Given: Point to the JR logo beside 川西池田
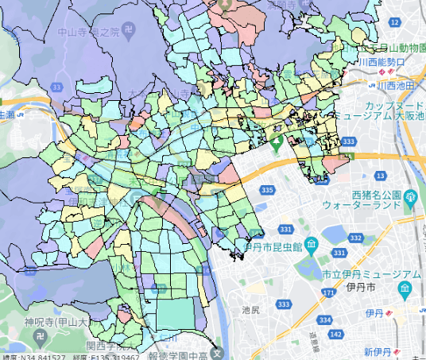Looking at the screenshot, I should coord(370,85).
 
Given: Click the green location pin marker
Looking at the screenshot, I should coord(277,144).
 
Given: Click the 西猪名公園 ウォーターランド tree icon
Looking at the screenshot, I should coord(410,196).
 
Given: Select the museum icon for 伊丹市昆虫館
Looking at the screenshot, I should coord(312,242).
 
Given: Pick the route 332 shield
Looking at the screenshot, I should coord(358,238).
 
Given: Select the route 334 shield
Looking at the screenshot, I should coord(324,319).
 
